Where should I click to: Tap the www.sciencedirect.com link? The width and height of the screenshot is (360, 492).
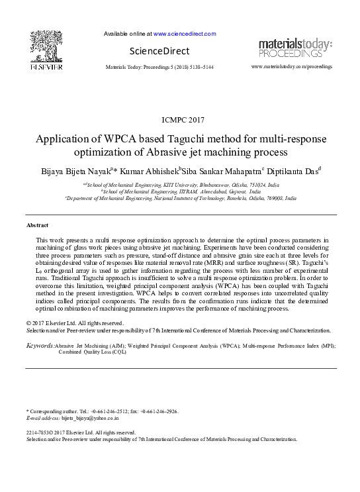click(x=185, y=33)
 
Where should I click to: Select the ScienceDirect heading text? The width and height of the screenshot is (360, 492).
click(x=159, y=51)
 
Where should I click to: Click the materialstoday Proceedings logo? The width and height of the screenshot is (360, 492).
click(x=295, y=48)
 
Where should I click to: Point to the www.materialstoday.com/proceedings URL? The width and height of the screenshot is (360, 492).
click(x=292, y=68)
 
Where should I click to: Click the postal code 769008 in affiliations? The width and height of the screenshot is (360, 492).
click(x=269, y=197)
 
